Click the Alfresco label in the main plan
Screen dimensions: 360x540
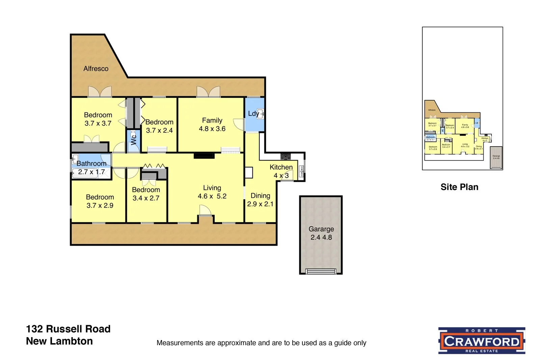pyautogui.click(x=96, y=69)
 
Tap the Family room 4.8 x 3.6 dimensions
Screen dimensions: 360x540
pyautogui.click(x=212, y=129)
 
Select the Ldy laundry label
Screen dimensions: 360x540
pyautogui.click(x=253, y=113)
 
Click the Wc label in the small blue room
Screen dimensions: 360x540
pyautogui.click(x=134, y=139)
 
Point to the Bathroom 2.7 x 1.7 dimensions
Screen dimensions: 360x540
pyautogui.click(x=91, y=172)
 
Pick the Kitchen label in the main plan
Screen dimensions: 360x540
pyautogui.click(x=281, y=167)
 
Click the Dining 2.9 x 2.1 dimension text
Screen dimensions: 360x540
pyautogui.click(x=260, y=204)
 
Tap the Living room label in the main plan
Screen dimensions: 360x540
pyautogui.click(x=212, y=188)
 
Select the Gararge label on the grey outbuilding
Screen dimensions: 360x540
pyautogui.click(x=321, y=229)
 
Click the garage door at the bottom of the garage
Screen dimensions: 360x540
pyautogui.click(x=321, y=271)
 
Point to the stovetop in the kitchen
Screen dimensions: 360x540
pyautogui.click(x=286, y=156)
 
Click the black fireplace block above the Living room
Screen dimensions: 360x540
pyautogui.click(x=204, y=156)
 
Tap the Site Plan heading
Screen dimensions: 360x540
pyautogui.click(x=459, y=187)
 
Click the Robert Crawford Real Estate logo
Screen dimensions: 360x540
pyautogui.click(x=482, y=340)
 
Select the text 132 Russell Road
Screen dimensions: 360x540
pyautogui.click(x=68, y=329)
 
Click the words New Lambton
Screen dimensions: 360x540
pyautogui.click(x=59, y=341)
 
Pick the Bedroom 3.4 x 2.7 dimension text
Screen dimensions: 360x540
pyautogui.click(x=146, y=198)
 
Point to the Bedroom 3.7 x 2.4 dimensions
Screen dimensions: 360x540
pyautogui.click(x=159, y=130)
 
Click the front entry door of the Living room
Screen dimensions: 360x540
pyautogui.click(x=205, y=212)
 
